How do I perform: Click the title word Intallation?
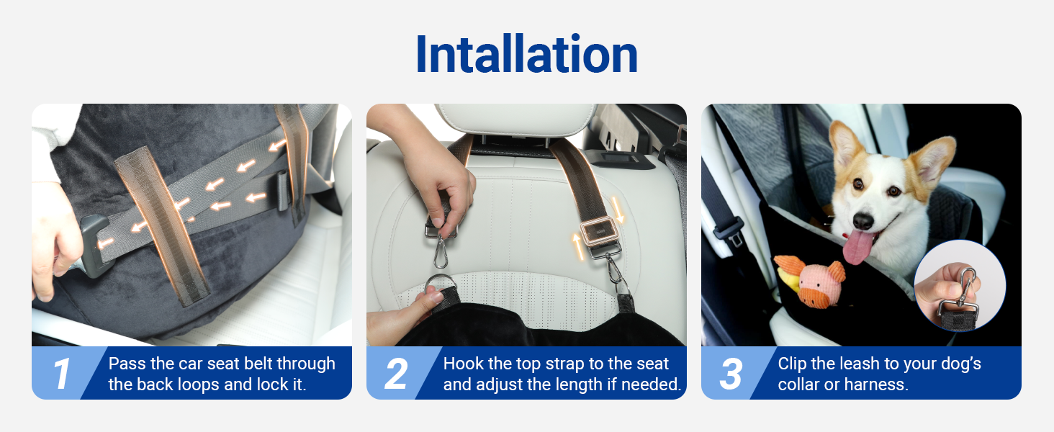pos(526,55)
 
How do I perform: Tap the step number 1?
pos(62,374)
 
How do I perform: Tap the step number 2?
pos(397,374)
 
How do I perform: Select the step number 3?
pos(731,374)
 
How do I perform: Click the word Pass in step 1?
pos(125,364)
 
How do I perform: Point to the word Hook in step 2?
pos(461,364)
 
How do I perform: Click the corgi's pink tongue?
pos(857,247)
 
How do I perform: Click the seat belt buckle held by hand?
pos(98,241)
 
